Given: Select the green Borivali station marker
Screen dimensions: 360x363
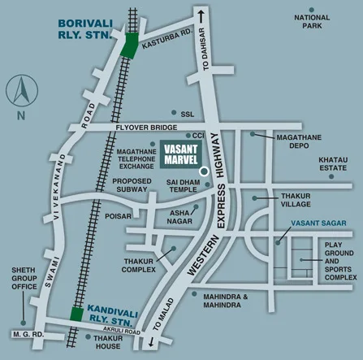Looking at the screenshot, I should coord(127,45).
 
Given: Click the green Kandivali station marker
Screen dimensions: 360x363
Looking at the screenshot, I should coord(76,314).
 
